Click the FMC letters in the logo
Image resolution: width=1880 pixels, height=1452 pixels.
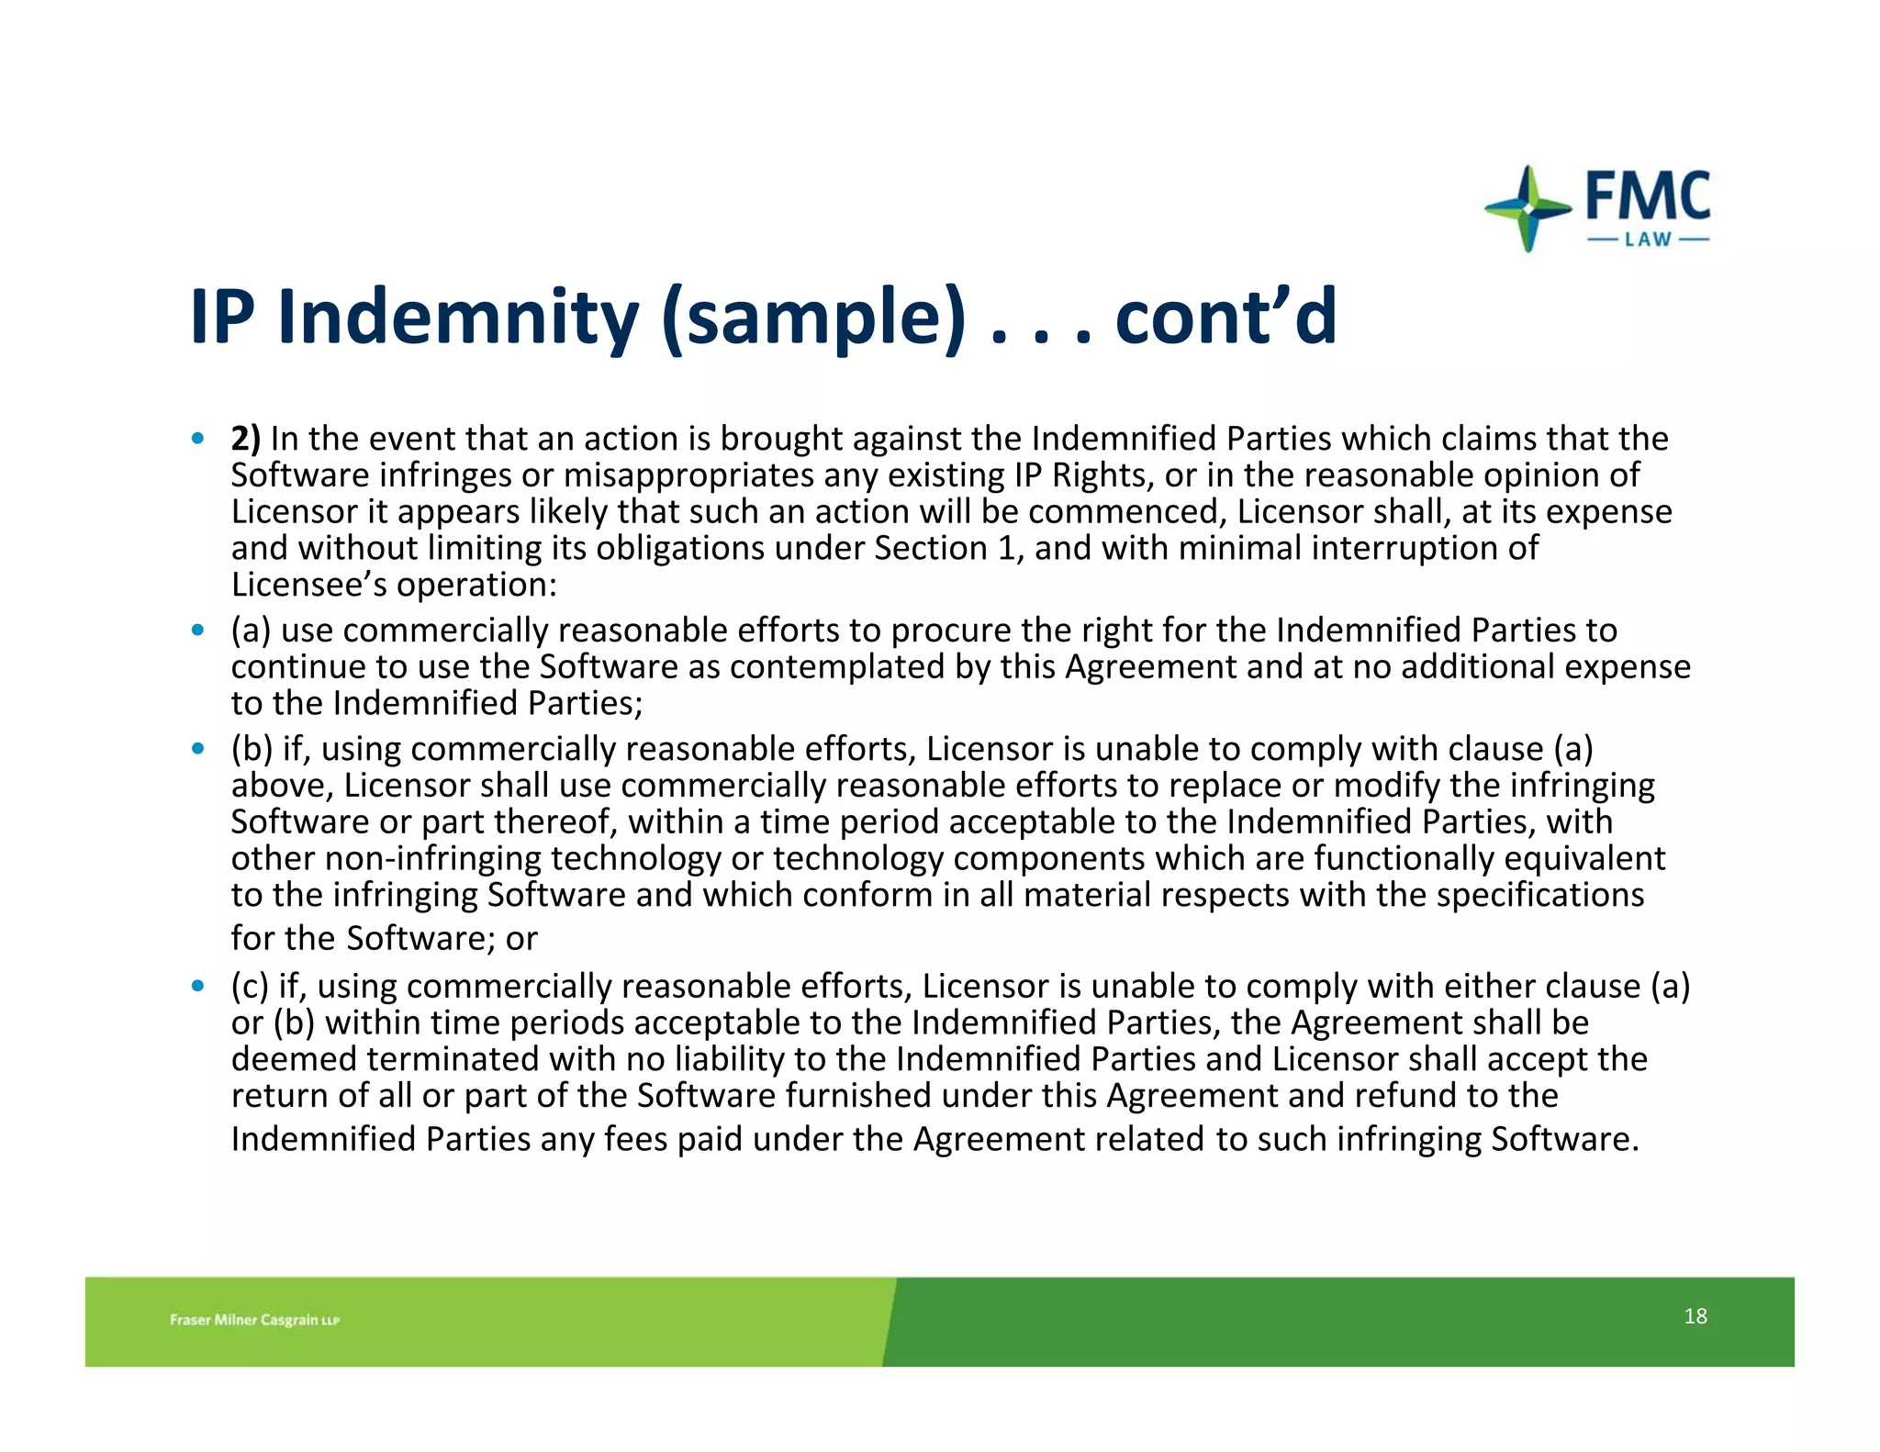1648,195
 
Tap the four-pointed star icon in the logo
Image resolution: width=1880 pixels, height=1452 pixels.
1527,208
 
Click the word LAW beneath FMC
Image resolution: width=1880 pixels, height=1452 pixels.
1648,240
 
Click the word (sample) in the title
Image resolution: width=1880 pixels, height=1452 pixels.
813,318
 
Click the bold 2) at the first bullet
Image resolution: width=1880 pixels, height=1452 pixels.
245,439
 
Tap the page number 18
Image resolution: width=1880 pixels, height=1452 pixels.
1695,1316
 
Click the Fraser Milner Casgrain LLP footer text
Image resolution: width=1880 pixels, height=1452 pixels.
254,1320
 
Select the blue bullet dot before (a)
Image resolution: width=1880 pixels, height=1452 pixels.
197,631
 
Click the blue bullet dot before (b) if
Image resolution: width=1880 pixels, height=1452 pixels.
197,749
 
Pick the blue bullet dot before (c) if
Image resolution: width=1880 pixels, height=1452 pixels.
197,987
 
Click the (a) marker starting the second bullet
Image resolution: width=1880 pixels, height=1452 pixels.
251,631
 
